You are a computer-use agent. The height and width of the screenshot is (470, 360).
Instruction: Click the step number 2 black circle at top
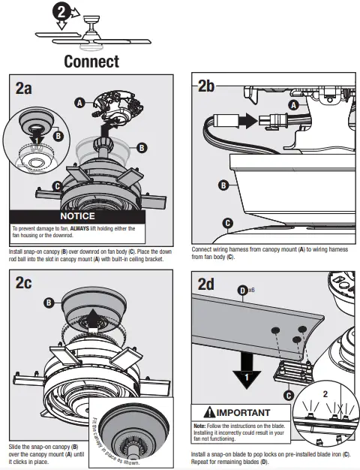[x=61, y=12]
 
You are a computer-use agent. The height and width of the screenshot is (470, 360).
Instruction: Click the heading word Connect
[x=91, y=62]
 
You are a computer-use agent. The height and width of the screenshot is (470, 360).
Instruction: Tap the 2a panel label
[x=24, y=88]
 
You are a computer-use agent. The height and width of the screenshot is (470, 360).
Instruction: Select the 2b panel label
[x=206, y=86]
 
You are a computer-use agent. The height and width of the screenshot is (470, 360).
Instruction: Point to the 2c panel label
[x=23, y=282]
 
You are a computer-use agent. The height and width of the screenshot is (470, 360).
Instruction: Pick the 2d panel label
[x=205, y=284]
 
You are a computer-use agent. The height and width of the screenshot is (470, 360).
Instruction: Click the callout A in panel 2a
[x=79, y=103]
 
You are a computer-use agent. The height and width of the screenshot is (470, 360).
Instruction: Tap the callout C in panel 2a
[x=57, y=186]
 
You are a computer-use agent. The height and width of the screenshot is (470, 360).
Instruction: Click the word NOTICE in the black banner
[x=77, y=216]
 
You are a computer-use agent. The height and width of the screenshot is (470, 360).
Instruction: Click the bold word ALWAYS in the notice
[x=79, y=228]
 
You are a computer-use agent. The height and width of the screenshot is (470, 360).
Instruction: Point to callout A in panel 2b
[x=293, y=105]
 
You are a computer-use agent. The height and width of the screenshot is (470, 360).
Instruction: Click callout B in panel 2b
[x=223, y=185]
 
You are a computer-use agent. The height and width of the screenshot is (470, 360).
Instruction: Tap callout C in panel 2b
[x=227, y=223]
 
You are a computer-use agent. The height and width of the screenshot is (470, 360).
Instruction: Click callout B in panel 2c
[x=49, y=303]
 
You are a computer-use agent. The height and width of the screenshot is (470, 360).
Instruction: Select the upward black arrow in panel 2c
[x=93, y=321]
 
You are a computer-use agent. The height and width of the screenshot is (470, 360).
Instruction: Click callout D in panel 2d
[x=242, y=291]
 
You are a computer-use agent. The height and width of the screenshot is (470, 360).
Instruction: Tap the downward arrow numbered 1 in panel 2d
[x=247, y=370]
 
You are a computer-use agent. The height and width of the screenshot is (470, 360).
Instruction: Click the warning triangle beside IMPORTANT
[x=209, y=412]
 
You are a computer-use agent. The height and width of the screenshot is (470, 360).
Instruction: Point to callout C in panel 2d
[x=289, y=396]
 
